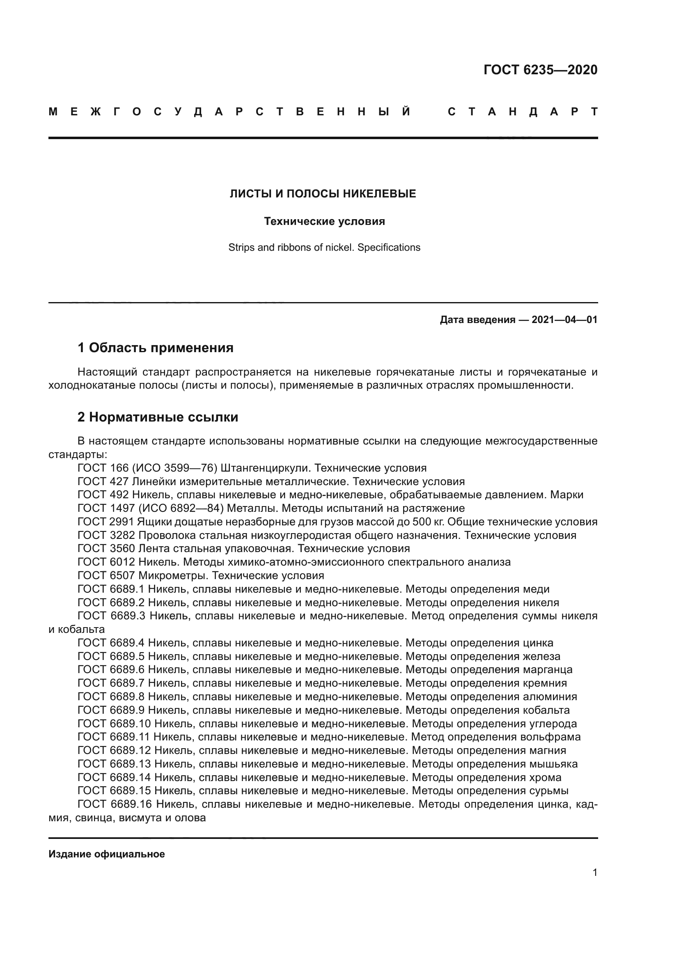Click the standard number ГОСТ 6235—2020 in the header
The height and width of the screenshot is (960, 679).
[540, 70]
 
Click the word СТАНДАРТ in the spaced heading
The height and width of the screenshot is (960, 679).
[522, 112]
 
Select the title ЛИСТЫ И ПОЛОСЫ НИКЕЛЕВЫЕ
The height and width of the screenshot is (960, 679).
[323, 194]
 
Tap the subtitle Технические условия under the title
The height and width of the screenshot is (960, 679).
[324, 222]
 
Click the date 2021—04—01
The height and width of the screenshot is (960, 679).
[564, 320]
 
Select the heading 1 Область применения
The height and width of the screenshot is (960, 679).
[155, 348]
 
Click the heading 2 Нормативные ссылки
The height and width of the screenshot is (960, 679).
[158, 417]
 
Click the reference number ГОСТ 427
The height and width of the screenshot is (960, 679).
[103, 481]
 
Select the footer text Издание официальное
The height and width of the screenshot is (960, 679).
[107, 854]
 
